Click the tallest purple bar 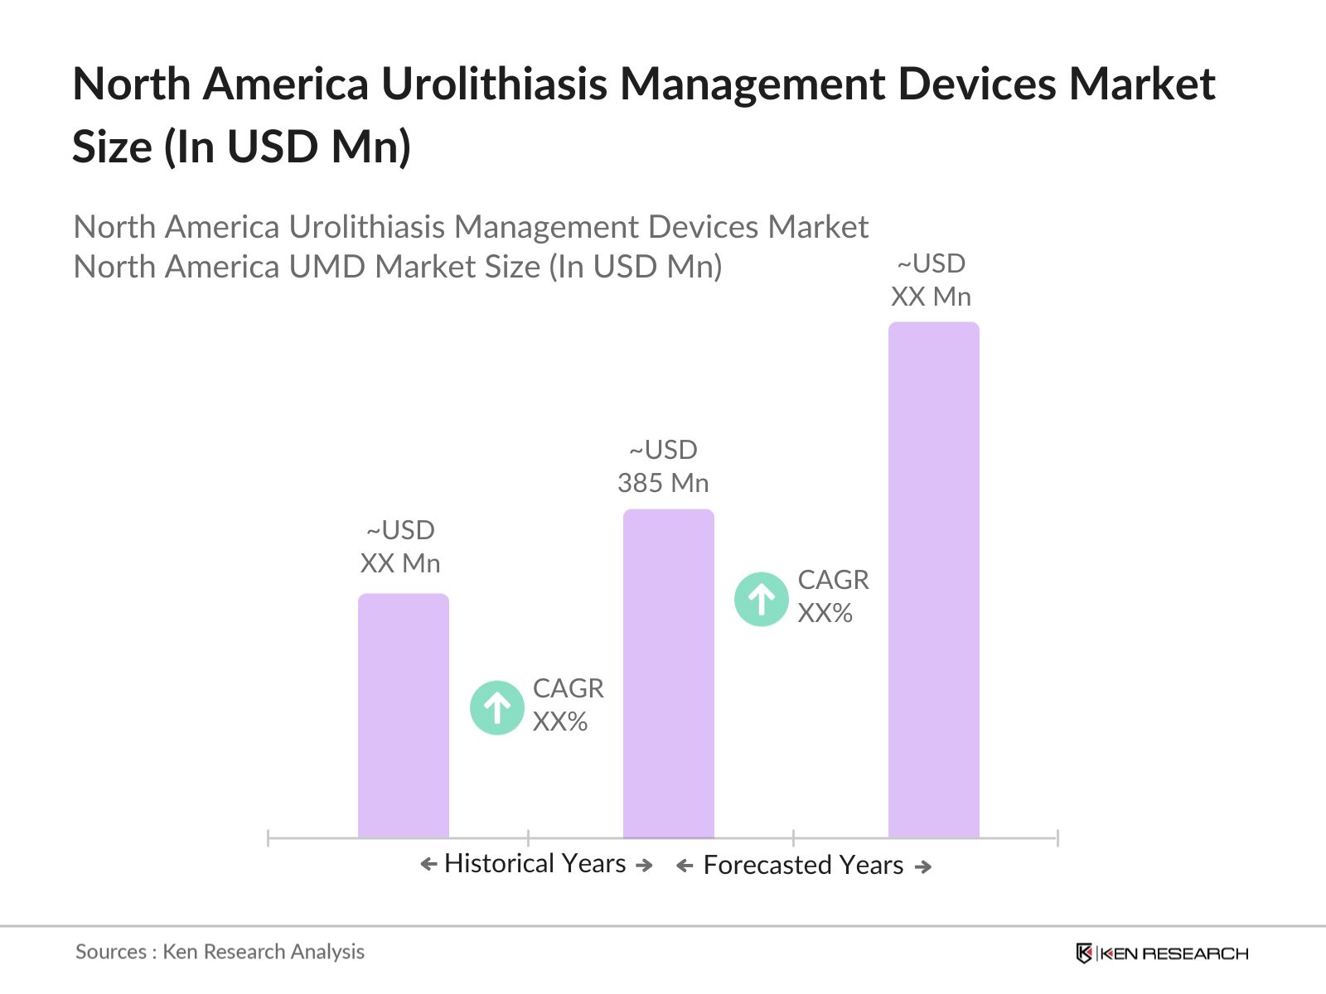[933, 580]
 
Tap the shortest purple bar [403, 716]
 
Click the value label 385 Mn [663, 483]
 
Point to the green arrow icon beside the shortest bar [496, 707]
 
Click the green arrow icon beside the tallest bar [761, 599]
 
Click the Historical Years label [535, 863]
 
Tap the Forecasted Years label [803, 865]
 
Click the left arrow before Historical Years [428, 865]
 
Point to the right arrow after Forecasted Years [923, 866]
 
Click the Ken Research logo [1162, 953]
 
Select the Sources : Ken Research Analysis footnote [220, 952]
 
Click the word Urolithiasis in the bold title [494, 84]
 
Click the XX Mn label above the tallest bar [931, 297]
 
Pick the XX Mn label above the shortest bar [400, 563]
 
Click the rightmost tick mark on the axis [1057, 838]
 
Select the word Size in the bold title [112, 147]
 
